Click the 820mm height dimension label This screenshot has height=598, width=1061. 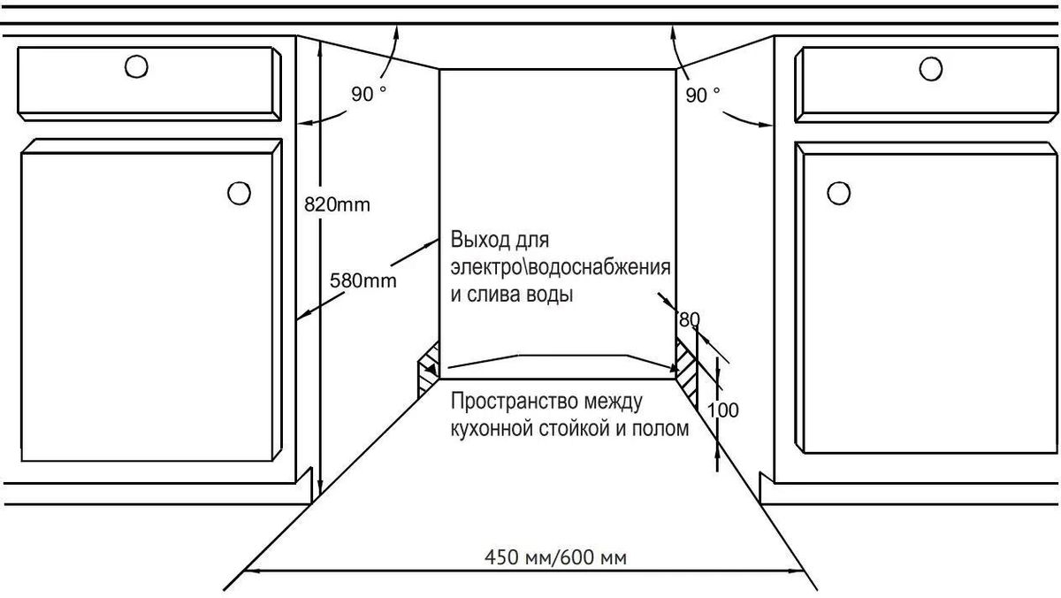pos(337,204)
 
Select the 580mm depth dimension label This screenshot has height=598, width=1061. pos(363,281)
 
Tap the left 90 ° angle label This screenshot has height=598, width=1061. pos(369,94)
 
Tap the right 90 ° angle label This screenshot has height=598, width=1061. pos(702,96)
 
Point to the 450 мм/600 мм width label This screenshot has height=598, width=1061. pos(555,557)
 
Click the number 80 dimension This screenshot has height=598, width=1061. pos(690,320)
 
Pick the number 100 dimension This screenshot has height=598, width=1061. pos(723,410)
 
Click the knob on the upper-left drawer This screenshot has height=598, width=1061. pos(136,66)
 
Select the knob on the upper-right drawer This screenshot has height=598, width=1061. pos(931,69)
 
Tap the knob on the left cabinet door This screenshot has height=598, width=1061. pos(240,194)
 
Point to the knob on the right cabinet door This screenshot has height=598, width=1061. pos(839,194)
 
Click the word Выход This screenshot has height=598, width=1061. pos(480,240)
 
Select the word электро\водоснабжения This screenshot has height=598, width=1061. pos(561,267)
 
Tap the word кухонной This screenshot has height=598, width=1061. pos(494,429)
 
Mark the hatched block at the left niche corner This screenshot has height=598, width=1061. pos(429,370)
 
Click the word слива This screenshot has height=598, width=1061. pos(494,295)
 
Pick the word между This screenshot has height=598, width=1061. pos(614,402)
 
